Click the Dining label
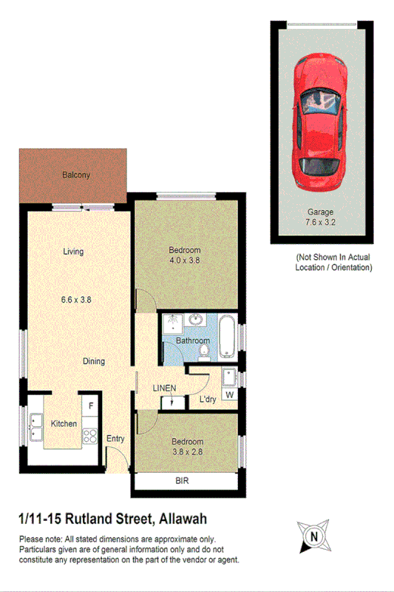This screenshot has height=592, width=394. coord(94,361)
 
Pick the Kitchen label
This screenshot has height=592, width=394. coord(64,424)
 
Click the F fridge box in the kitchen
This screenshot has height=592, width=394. coord(91,406)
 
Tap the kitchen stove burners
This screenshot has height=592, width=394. coord(90,435)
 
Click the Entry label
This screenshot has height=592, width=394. coord(116,439)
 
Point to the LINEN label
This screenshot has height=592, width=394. coord(164,388)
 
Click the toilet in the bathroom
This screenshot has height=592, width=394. coord(204,351)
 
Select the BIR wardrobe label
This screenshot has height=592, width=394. coord(182,481)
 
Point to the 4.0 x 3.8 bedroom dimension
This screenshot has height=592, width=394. coord(185,260)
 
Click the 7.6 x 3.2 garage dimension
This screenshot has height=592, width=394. coord(320,221)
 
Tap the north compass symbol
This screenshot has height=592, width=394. coord(315,536)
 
